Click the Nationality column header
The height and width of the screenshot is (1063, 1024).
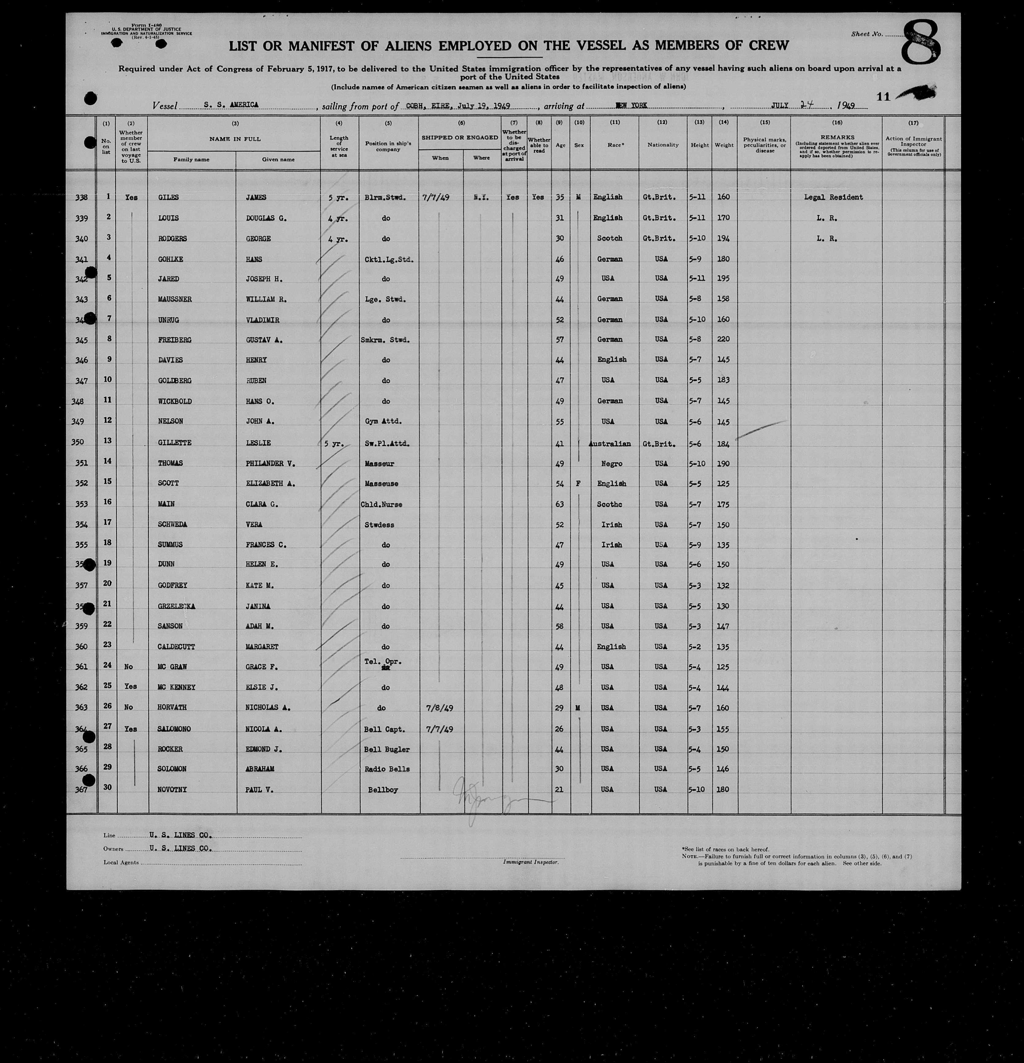663,145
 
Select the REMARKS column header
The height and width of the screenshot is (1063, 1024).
837,137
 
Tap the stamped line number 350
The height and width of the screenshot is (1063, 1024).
78,442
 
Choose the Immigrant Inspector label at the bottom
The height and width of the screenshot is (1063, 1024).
530,862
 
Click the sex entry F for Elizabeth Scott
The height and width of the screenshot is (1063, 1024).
579,483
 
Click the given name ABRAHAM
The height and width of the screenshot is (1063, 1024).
255,769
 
